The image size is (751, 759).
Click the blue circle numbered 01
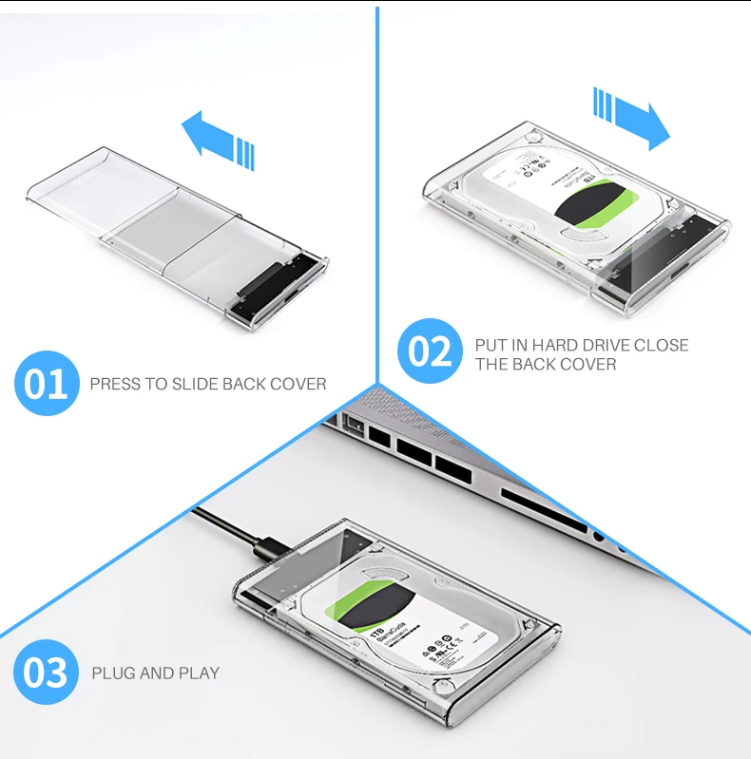(x=47, y=384)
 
